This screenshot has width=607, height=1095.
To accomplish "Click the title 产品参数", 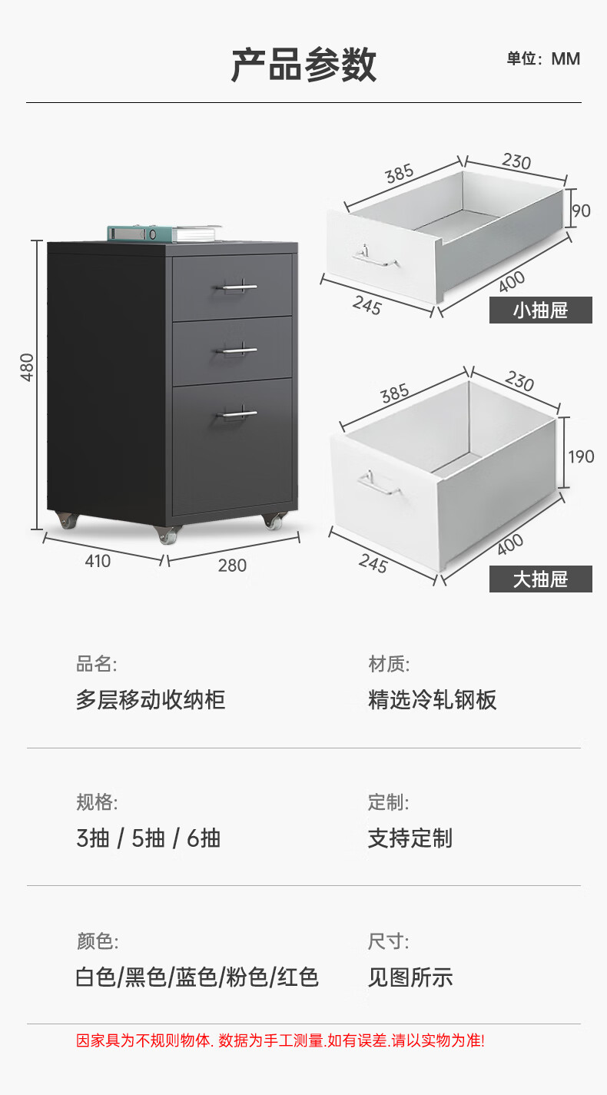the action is (x=303, y=65).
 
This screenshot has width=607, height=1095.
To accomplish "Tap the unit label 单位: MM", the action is (x=542, y=59).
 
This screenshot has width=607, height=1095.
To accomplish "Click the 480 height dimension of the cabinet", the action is (x=28, y=367).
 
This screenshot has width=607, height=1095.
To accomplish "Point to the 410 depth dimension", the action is (x=98, y=561).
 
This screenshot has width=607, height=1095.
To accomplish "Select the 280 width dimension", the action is (x=232, y=566).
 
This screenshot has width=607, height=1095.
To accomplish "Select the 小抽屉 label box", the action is (x=540, y=310).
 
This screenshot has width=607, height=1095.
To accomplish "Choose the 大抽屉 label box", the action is (x=540, y=579).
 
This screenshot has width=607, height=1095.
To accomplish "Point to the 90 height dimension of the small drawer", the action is (x=582, y=210).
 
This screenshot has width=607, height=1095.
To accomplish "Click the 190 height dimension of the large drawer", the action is (x=581, y=456).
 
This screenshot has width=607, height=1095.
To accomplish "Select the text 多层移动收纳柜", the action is (x=151, y=700).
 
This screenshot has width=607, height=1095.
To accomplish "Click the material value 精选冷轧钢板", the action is (x=433, y=700).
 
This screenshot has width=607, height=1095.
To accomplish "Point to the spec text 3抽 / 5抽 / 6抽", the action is (x=148, y=838).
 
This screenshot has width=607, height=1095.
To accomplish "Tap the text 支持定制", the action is (x=410, y=838).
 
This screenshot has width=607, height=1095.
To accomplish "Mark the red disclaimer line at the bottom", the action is (x=280, y=1041).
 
